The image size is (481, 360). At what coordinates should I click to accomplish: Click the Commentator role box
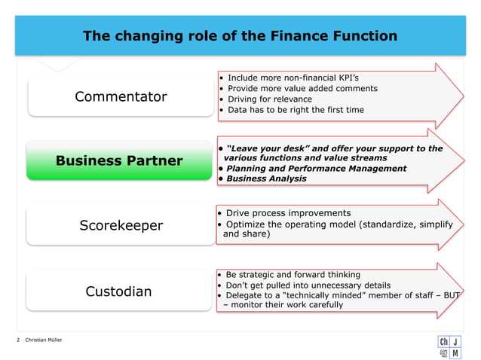pyautogui.click(x=121, y=96)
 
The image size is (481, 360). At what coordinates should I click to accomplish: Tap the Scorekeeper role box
pyautogui.click(x=121, y=225)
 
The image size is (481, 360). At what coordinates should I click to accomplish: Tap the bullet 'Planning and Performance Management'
pyautogui.click(x=316, y=168)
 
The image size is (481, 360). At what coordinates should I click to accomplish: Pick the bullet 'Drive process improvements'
pyautogui.click(x=288, y=213)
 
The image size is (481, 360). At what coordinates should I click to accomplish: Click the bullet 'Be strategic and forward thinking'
pyautogui.click(x=293, y=275)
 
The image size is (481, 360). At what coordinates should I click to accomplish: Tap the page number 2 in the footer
pyautogui.click(x=18, y=341)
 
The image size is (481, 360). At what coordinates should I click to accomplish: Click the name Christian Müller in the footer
pyautogui.click(x=44, y=341)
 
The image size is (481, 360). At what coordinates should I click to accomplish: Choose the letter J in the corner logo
pyautogui.click(x=458, y=342)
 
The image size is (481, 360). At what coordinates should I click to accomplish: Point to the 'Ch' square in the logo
pyautogui.click(x=443, y=342)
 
